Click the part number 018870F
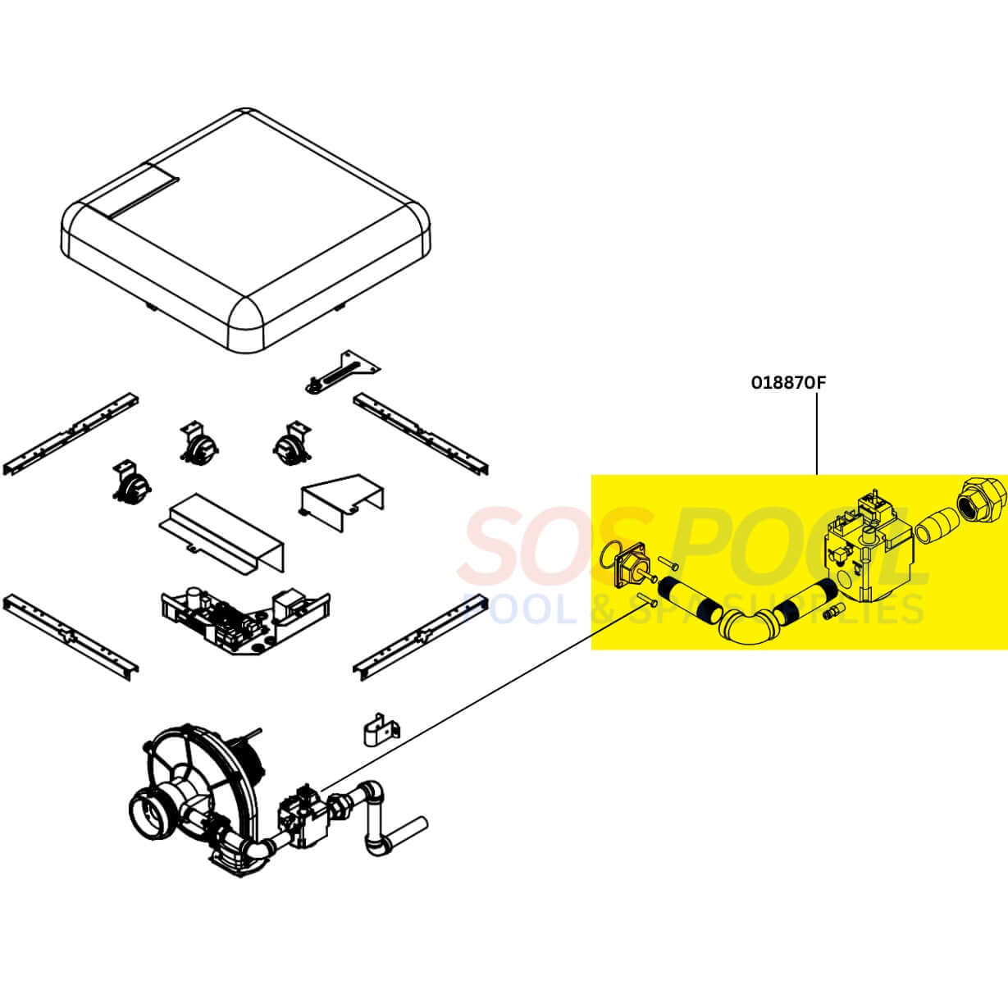click(789, 383)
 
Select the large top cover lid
click(246, 229)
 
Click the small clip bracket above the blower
click(381, 728)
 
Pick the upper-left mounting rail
click(71, 434)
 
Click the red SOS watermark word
click(554, 548)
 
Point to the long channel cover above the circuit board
click(221, 532)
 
